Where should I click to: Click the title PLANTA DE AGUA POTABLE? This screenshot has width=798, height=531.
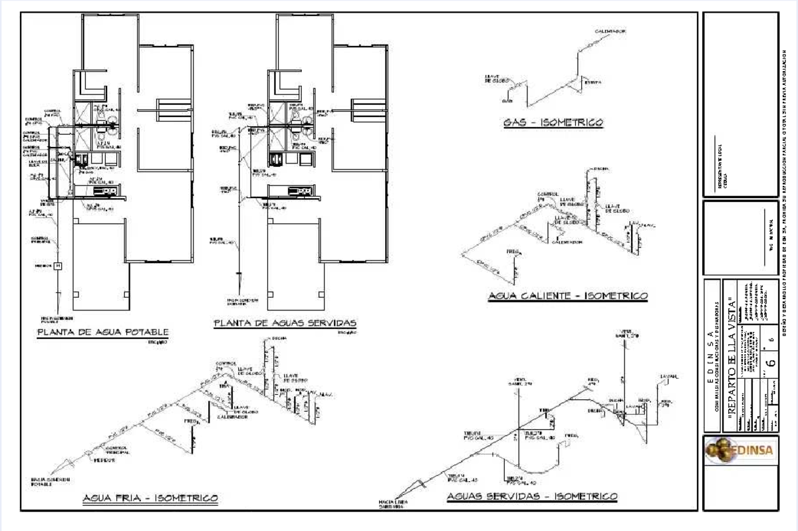(x=103, y=332)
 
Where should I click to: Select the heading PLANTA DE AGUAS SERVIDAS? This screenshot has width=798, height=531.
(x=285, y=323)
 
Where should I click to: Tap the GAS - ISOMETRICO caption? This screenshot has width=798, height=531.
(x=553, y=122)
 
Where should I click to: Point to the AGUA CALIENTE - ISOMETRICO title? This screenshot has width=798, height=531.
(x=567, y=296)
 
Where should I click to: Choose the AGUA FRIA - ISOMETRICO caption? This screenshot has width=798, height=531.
(x=150, y=497)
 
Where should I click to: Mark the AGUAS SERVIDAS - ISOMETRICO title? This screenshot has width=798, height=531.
(x=532, y=496)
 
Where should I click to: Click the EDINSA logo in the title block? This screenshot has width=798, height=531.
(x=740, y=450)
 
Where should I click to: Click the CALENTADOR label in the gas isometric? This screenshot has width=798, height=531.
(x=610, y=31)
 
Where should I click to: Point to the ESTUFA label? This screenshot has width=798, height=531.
(x=593, y=82)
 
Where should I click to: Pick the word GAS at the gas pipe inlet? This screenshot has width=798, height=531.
(x=507, y=102)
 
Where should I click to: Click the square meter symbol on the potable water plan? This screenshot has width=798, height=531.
(x=58, y=266)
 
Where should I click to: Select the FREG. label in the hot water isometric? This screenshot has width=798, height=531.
(x=513, y=252)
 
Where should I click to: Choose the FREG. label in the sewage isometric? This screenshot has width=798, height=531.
(x=570, y=436)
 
